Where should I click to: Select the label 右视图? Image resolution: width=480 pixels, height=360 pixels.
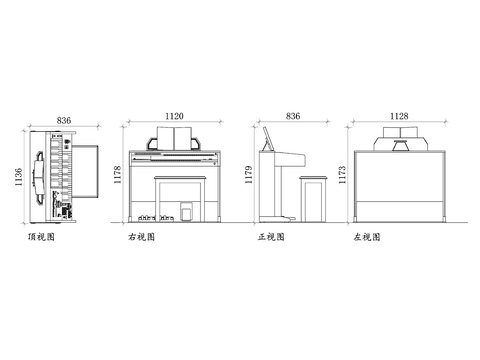pos(141,238)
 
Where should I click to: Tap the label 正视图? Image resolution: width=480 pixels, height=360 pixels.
pos(271,238)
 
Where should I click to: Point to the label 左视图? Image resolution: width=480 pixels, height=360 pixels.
pos(367,238)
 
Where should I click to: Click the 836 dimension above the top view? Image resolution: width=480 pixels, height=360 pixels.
pos(64,120)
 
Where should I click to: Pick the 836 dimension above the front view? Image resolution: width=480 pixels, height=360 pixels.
pos(293,116)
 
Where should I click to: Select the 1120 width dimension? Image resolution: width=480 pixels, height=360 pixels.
pos(175,116)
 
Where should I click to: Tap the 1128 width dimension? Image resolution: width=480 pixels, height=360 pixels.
pos(398,116)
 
